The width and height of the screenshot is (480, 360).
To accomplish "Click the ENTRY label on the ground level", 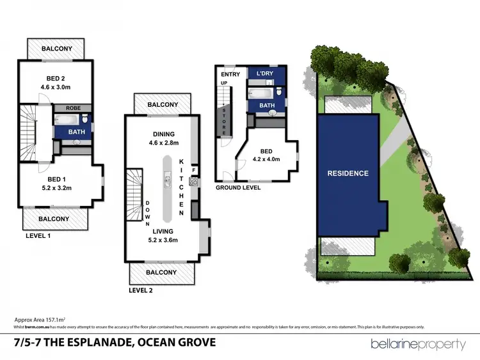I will [230, 75].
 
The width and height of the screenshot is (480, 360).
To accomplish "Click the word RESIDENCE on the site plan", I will [348, 173].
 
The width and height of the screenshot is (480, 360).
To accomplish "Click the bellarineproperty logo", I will [419, 345].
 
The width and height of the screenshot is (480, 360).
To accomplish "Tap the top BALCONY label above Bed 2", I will [62, 49].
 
